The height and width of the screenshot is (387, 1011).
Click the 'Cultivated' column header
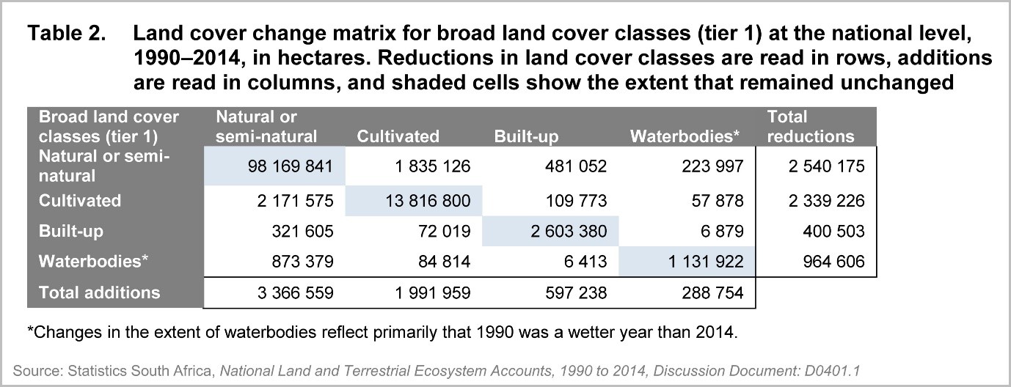pyautogui.click(x=398, y=136)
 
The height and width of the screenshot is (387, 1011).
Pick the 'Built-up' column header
pyautogui.click(x=524, y=136)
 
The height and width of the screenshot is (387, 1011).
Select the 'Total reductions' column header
pyautogui.click(x=810, y=127)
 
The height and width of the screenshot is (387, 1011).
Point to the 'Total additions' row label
pyautogui.click(x=98, y=293)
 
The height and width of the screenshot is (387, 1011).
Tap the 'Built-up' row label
pyautogui.click(x=70, y=232)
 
